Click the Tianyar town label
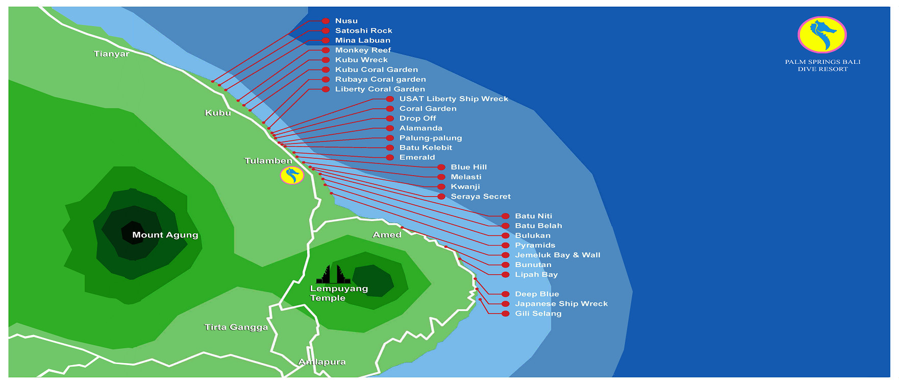click(111, 54)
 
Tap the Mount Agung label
click(165, 235)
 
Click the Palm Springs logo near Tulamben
click(292, 175)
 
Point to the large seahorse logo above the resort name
click(822, 35)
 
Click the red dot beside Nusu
click(326, 21)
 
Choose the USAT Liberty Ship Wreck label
click(454, 99)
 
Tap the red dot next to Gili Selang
click(505, 314)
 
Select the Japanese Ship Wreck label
click(561, 304)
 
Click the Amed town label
click(387, 235)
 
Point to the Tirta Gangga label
click(236, 327)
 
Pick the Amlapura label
click(322, 362)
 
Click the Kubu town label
click(218, 113)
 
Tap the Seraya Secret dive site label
click(481, 197)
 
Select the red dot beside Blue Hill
click(441, 167)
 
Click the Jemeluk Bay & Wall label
click(558, 255)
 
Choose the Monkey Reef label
click(363, 50)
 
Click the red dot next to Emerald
click(390, 157)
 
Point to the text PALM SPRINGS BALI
click(822, 62)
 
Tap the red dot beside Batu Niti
click(505, 216)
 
